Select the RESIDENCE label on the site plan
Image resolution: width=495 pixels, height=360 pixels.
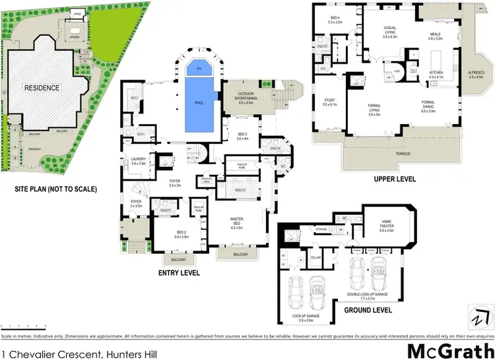42,88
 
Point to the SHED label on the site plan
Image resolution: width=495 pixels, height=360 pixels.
77,13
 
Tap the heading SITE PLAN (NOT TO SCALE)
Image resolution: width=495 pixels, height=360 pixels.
55,190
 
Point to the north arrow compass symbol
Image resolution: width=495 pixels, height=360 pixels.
478,315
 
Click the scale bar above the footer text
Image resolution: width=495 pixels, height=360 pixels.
20,326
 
